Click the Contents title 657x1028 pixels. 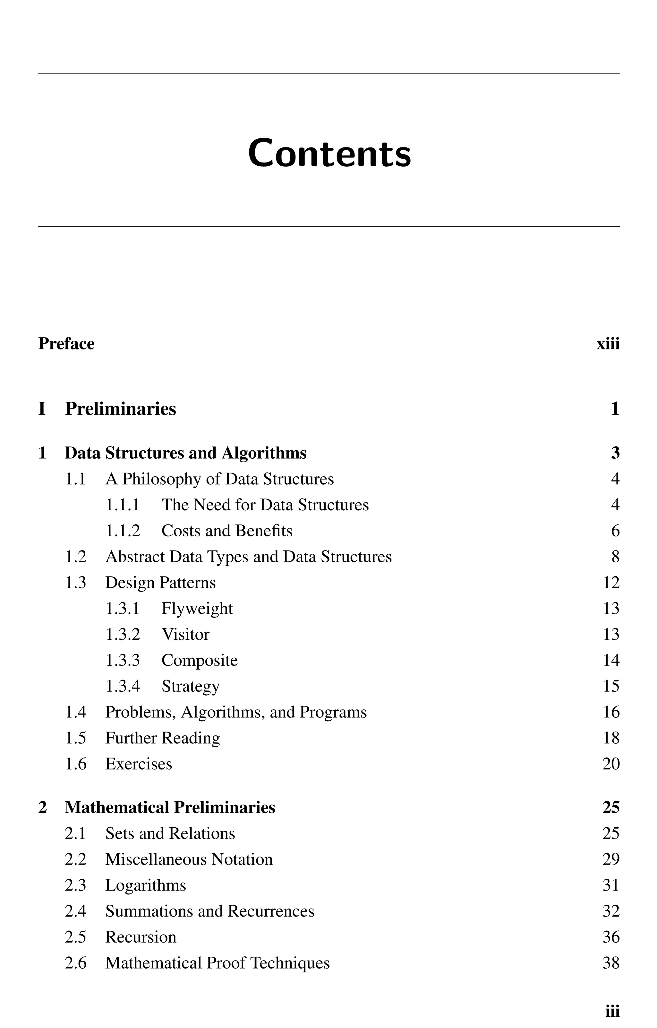point(329,153)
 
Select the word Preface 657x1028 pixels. point(66,344)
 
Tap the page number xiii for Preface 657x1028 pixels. point(608,344)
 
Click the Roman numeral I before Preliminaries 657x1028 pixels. point(42,409)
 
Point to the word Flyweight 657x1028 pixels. point(197,609)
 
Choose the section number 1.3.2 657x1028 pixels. point(123,635)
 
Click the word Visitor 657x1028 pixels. point(185,635)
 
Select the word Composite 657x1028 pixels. point(199,661)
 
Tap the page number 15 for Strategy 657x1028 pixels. point(611,686)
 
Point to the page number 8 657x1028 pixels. point(615,557)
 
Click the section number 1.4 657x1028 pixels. point(75,712)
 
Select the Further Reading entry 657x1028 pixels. point(163,738)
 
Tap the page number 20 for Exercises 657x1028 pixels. point(611,764)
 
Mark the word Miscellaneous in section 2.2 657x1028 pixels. point(156,859)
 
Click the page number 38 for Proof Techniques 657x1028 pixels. point(611,963)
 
